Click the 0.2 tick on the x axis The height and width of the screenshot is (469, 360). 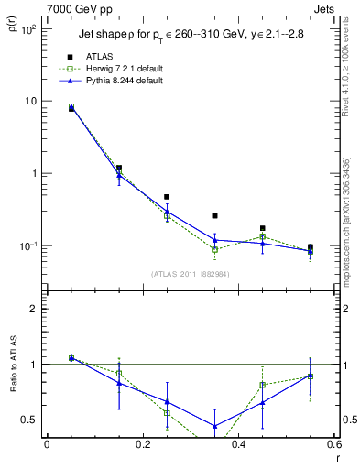coord(142,444)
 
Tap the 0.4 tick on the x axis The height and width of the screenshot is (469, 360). coord(238,444)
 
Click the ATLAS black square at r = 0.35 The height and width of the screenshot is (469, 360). coord(214,216)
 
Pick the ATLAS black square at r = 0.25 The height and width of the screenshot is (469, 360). coord(167,197)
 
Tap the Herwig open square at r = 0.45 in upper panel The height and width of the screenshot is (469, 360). coord(262,236)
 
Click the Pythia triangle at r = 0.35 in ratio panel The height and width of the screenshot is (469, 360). coord(214,426)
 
